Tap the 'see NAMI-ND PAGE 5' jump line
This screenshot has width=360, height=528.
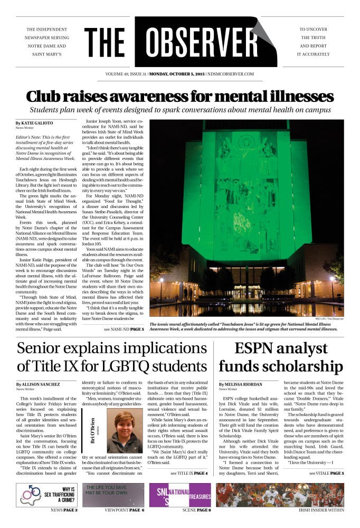coord(124,329)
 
